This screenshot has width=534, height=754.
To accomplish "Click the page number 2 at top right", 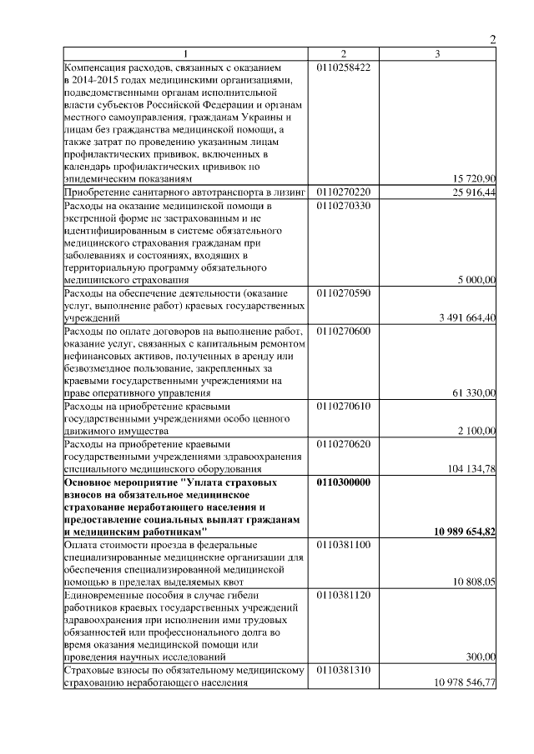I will point(492,40).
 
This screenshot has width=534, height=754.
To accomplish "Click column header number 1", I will point(188,54).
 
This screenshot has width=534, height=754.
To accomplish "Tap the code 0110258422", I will point(344,66).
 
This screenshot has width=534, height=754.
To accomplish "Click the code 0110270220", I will point(344,192).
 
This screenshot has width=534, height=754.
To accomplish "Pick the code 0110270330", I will point(344,204).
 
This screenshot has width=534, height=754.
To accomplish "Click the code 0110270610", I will point(344,406).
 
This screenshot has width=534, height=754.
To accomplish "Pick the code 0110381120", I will point(344,595).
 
